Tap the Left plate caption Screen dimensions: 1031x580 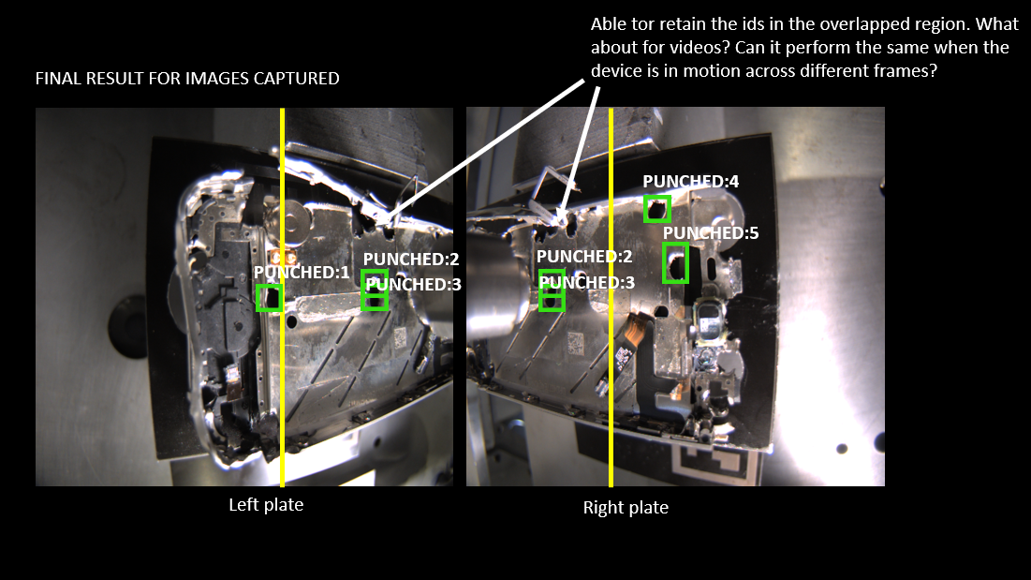click(266, 505)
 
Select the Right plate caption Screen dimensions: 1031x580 click(626, 508)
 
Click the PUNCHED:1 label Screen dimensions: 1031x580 click(302, 273)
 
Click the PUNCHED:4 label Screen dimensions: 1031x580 click(690, 182)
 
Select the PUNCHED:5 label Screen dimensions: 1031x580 click(711, 232)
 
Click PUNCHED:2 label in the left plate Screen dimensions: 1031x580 click(411, 260)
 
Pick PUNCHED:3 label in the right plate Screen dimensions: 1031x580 click(586, 283)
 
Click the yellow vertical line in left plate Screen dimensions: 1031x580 click(282, 297)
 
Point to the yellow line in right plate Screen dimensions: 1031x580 click(611, 297)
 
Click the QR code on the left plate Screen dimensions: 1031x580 click(400, 338)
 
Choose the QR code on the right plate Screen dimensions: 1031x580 click(575, 342)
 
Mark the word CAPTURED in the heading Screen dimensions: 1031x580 click(297, 79)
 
